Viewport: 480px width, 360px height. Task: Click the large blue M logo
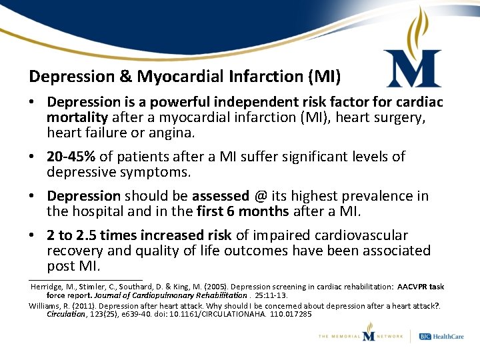tap(413, 69)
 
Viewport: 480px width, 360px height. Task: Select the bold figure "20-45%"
tap(71, 157)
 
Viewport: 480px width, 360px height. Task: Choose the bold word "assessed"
tap(220, 196)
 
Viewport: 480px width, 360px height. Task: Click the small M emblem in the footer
tap(369, 332)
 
